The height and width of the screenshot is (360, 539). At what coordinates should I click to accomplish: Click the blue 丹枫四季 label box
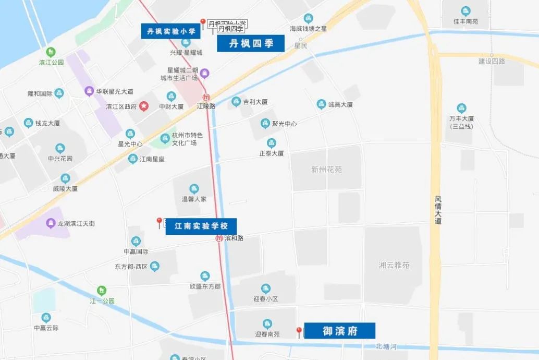click(x=251, y=44)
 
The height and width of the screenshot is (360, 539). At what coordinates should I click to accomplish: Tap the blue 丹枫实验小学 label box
click(x=171, y=31)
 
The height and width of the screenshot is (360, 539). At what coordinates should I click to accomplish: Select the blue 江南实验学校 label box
click(x=201, y=226)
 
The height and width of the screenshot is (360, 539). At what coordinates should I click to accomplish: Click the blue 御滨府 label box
click(x=339, y=331)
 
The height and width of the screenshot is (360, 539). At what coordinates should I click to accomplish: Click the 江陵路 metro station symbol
click(x=206, y=97)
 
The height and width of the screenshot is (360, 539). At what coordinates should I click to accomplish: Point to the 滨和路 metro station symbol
click(x=220, y=238)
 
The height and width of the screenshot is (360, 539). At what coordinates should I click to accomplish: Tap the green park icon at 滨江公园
click(x=51, y=52)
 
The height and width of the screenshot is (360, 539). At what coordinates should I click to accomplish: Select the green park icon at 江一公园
click(x=102, y=291)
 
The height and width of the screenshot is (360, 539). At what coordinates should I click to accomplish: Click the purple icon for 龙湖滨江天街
click(x=51, y=223)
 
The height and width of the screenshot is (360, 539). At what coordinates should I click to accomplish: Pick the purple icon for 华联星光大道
click(x=89, y=91)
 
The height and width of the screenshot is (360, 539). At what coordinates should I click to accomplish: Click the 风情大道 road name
click(x=438, y=210)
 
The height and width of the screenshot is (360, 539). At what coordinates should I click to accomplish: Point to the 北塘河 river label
click(x=386, y=346)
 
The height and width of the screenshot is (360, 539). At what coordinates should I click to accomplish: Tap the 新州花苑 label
click(x=326, y=170)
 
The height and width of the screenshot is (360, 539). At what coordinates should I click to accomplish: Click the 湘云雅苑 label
click(x=394, y=265)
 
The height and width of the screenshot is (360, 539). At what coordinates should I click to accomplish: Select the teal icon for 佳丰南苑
click(x=465, y=11)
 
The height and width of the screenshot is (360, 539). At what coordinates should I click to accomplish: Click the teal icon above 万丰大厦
click(x=461, y=108)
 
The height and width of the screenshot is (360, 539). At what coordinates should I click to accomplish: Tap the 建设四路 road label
click(x=492, y=62)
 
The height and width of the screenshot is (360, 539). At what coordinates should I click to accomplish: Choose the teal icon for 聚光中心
click(x=265, y=124)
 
